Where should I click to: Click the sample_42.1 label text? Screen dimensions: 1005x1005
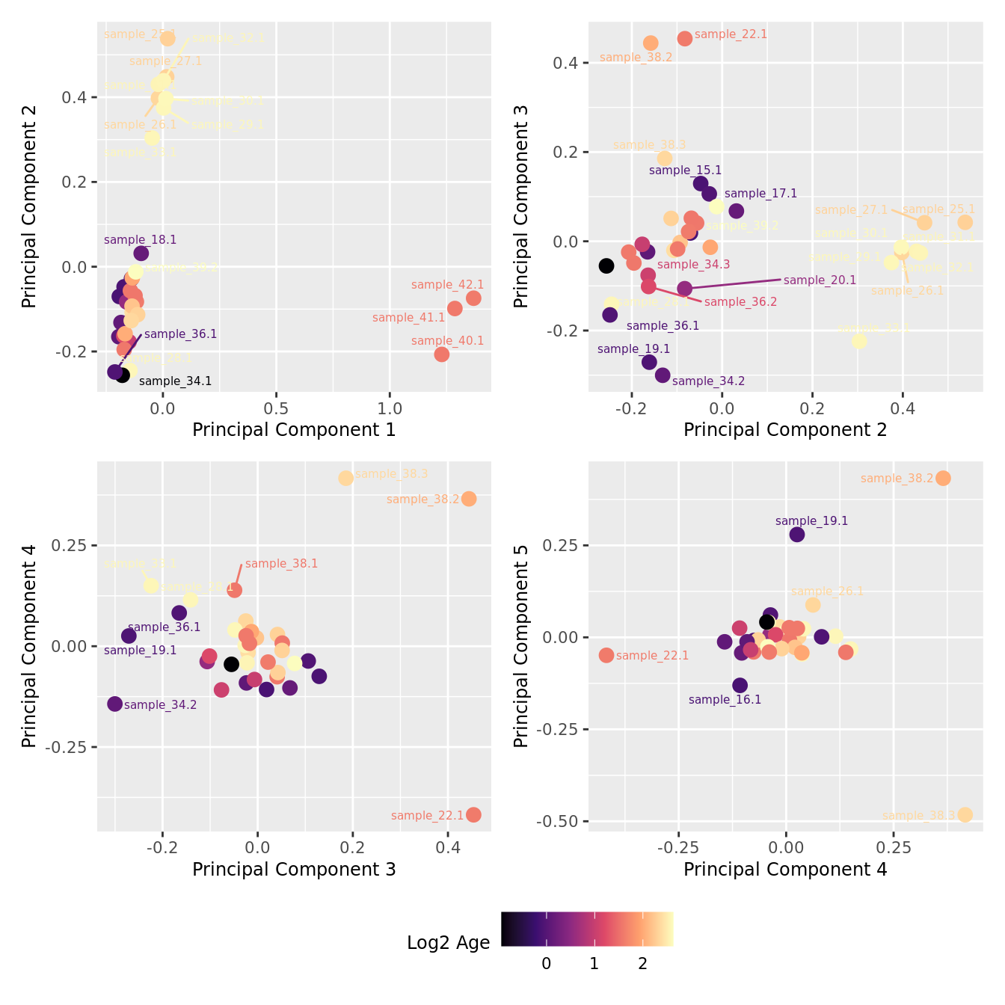pyautogui.click(x=447, y=285)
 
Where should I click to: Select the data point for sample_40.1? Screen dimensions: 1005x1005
pyautogui.click(x=442, y=354)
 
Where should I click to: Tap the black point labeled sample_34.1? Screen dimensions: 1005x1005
pyautogui.click(x=123, y=375)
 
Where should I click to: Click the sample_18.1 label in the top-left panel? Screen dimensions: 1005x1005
pyautogui.click(x=140, y=240)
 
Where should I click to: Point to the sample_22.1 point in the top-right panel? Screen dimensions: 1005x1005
pyautogui.click(x=685, y=38)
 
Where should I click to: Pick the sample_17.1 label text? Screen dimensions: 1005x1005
pyautogui.click(x=760, y=194)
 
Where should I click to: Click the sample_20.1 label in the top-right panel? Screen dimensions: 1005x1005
pyautogui.click(x=820, y=280)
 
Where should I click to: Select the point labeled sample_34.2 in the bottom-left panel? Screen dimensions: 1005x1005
pyautogui.click(x=114, y=704)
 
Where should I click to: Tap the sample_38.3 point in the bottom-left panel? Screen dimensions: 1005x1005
pyautogui.click(x=345, y=478)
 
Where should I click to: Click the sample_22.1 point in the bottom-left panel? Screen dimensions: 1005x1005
pyautogui.click(x=473, y=814)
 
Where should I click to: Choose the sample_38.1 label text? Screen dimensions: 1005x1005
pyautogui.click(x=281, y=564)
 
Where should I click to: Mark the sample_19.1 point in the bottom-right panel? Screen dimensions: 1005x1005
pyautogui.click(x=797, y=534)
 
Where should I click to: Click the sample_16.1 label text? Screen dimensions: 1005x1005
pyautogui.click(x=725, y=700)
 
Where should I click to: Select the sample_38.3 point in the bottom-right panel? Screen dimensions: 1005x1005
pyautogui.click(x=965, y=814)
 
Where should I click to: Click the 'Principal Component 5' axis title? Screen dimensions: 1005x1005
pyautogui.click(x=522, y=645)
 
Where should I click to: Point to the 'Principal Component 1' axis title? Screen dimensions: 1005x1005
pyautogui.click(x=294, y=430)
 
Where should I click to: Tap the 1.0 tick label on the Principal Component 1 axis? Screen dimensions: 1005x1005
pyautogui.click(x=390, y=409)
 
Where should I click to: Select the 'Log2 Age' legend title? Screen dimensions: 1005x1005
pyautogui.click(x=448, y=943)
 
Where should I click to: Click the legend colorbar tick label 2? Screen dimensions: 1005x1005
pyautogui.click(x=642, y=964)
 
